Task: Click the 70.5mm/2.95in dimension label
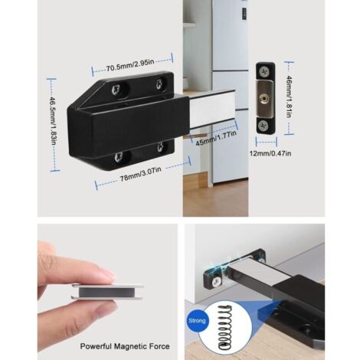[x=130, y=65]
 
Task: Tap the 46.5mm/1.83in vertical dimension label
[x=53, y=122]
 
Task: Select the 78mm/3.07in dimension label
[x=141, y=174]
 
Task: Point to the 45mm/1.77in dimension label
[x=216, y=138]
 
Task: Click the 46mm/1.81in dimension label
[x=290, y=97]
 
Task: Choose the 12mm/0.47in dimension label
[x=270, y=153]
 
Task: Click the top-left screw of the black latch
[x=116, y=90]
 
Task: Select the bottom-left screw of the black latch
[x=119, y=156]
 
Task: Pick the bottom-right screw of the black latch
[x=160, y=147]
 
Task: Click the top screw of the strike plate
[x=264, y=70]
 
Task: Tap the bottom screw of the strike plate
[x=263, y=126]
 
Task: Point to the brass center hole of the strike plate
[x=263, y=98]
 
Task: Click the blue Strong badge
[x=198, y=321]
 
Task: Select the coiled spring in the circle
[x=225, y=327]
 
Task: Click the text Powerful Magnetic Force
[x=125, y=346]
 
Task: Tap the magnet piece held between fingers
[x=106, y=291]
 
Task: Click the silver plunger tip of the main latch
[x=213, y=109]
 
